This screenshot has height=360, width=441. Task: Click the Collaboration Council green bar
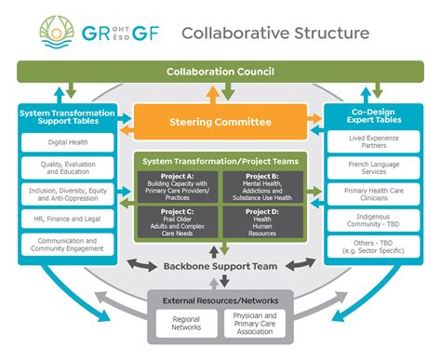coord(220,72)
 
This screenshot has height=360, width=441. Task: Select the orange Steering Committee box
coord(220,122)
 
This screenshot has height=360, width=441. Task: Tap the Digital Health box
coord(67,143)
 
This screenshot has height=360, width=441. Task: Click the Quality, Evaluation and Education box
coord(67,168)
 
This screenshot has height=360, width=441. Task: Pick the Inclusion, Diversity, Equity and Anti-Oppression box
coord(67,194)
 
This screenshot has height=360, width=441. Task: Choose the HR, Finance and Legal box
coord(67,220)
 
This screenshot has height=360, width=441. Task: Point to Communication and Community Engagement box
coord(67,246)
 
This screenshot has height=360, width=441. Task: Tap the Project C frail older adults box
coord(179,220)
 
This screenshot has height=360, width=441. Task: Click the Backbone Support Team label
coord(220,268)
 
